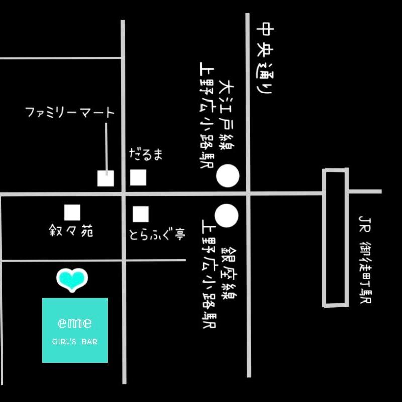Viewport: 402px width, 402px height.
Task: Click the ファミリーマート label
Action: click(69, 112)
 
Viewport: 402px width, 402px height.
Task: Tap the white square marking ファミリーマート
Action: click(106, 178)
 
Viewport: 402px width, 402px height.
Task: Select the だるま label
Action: click(146, 154)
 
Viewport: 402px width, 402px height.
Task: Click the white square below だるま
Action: click(138, 177)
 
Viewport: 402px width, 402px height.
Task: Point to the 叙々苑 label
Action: click(71, 230)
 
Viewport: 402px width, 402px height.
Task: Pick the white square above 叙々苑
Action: click(72, 212)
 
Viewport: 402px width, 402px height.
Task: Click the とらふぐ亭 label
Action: click(157, 234)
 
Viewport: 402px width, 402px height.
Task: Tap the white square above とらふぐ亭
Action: click(141, 214)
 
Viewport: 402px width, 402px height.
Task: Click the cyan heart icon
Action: click(72, 280)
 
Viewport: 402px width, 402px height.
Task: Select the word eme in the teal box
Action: click(75, 323)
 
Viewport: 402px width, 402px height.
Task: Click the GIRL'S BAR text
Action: click(75, 342)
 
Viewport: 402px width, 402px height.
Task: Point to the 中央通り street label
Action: click(265, 58)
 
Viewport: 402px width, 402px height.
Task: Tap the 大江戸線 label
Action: click(226, 115)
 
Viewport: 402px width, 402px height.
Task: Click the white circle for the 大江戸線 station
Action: click(228, 176)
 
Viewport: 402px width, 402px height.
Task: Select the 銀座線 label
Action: click(229, 273)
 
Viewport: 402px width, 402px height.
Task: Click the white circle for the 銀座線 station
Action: click(227, 216)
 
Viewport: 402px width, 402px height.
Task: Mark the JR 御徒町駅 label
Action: click(365, 259)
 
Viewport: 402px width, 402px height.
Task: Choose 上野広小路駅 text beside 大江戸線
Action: click(207, 115)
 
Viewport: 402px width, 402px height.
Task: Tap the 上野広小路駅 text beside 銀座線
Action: click(209, 273)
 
